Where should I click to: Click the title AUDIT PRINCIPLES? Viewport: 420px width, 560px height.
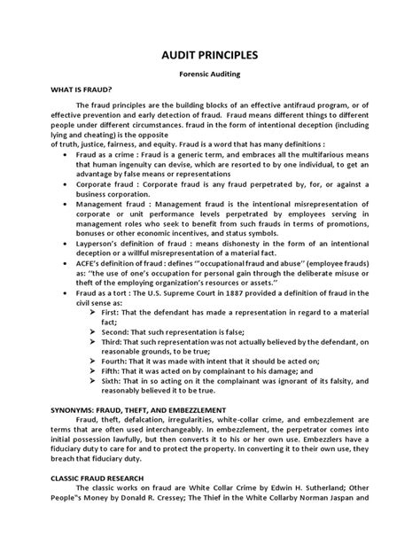210,53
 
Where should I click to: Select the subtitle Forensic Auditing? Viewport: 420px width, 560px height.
210,77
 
